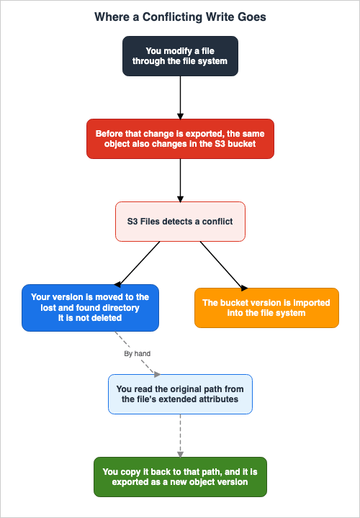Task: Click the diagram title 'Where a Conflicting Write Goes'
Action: tap(180, 17)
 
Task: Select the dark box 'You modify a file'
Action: tap(180, 56)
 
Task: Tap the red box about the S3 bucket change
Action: tap(180, 139)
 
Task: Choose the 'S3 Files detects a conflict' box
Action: tap(180, 222)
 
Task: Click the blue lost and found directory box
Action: tap(90, 308)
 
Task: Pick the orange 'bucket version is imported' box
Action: tap(267, 308)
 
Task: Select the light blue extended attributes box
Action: tap(180, 394)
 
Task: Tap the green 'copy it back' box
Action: tap(180, 477)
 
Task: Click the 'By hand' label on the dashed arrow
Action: tap(138, 353)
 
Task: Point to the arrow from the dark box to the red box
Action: tap(180, 97)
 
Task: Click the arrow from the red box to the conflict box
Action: tap(180, 180)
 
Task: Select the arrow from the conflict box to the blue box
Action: tap(137, 263)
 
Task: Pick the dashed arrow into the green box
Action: tap(180, 436)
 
